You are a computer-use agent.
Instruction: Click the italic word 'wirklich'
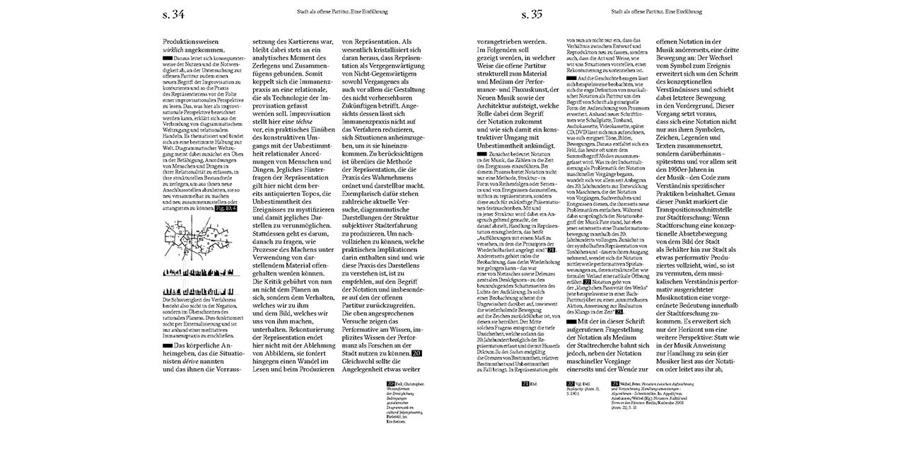tap(175, 51)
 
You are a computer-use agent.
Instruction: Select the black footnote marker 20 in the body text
tap(416, 353)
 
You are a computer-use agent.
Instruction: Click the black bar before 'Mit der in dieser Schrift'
tap(573, 321)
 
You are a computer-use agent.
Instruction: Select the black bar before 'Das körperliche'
tap(168, 345)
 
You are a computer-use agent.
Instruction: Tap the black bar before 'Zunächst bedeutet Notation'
tap(485, 173)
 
